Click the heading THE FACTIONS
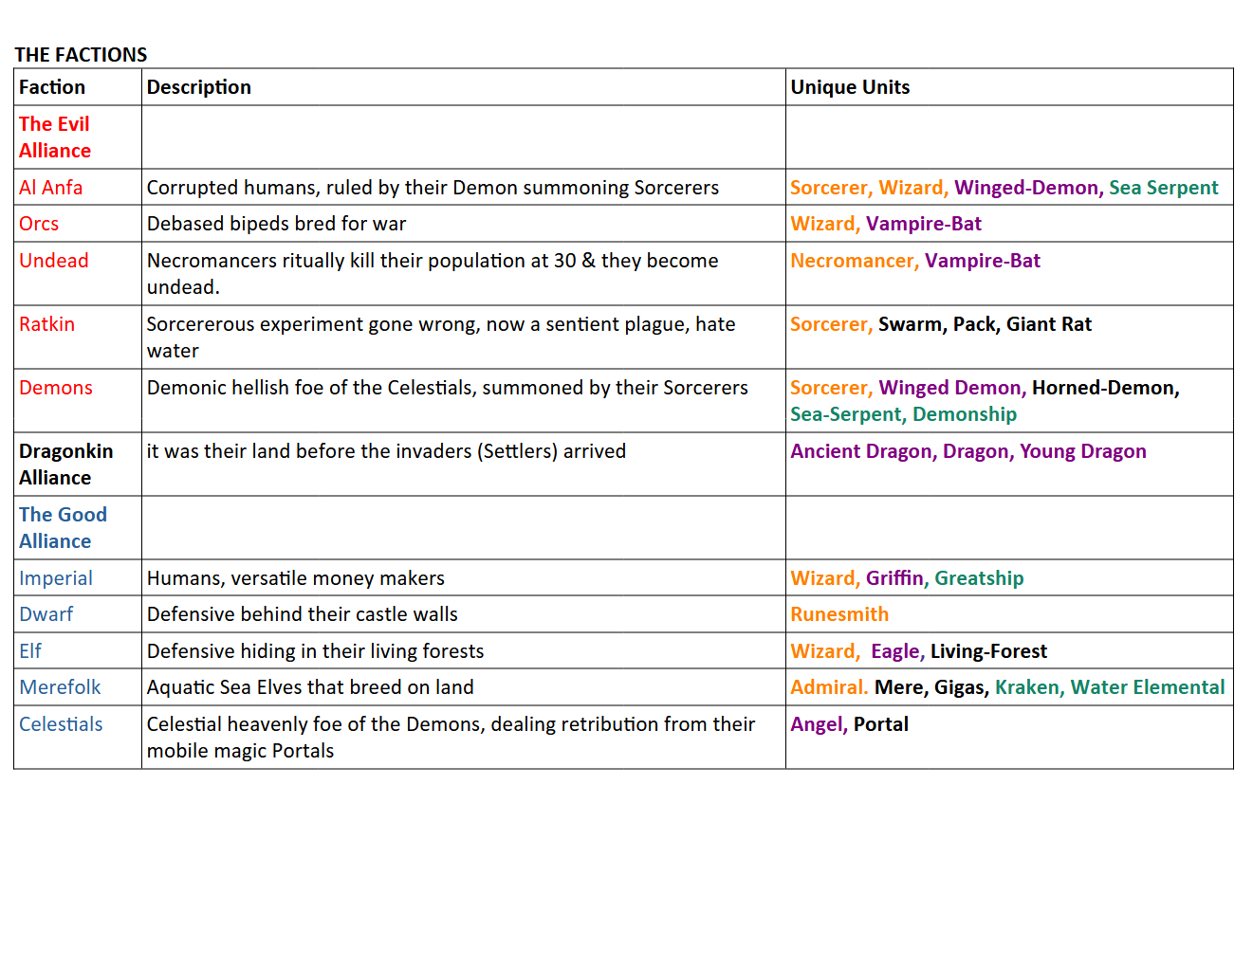coord(81,55)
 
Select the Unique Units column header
coord(850,87)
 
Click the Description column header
coord(198,87)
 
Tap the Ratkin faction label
coord(46,324)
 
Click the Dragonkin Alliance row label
coord(65,465)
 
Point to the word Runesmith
coord(838,614)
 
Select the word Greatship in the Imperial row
coord(979,578)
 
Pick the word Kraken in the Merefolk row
coord(1026,687)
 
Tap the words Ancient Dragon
coord(861,451)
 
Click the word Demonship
coord(964,414)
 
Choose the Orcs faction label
coord(39,224)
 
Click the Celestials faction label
coord(61,724)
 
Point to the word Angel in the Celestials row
coord(816,724)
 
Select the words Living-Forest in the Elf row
coord(988,651)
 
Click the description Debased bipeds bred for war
coord(276,224)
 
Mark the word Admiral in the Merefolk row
coord(827,687)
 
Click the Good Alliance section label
coord(63,528)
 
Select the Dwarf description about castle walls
coord(302,614)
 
